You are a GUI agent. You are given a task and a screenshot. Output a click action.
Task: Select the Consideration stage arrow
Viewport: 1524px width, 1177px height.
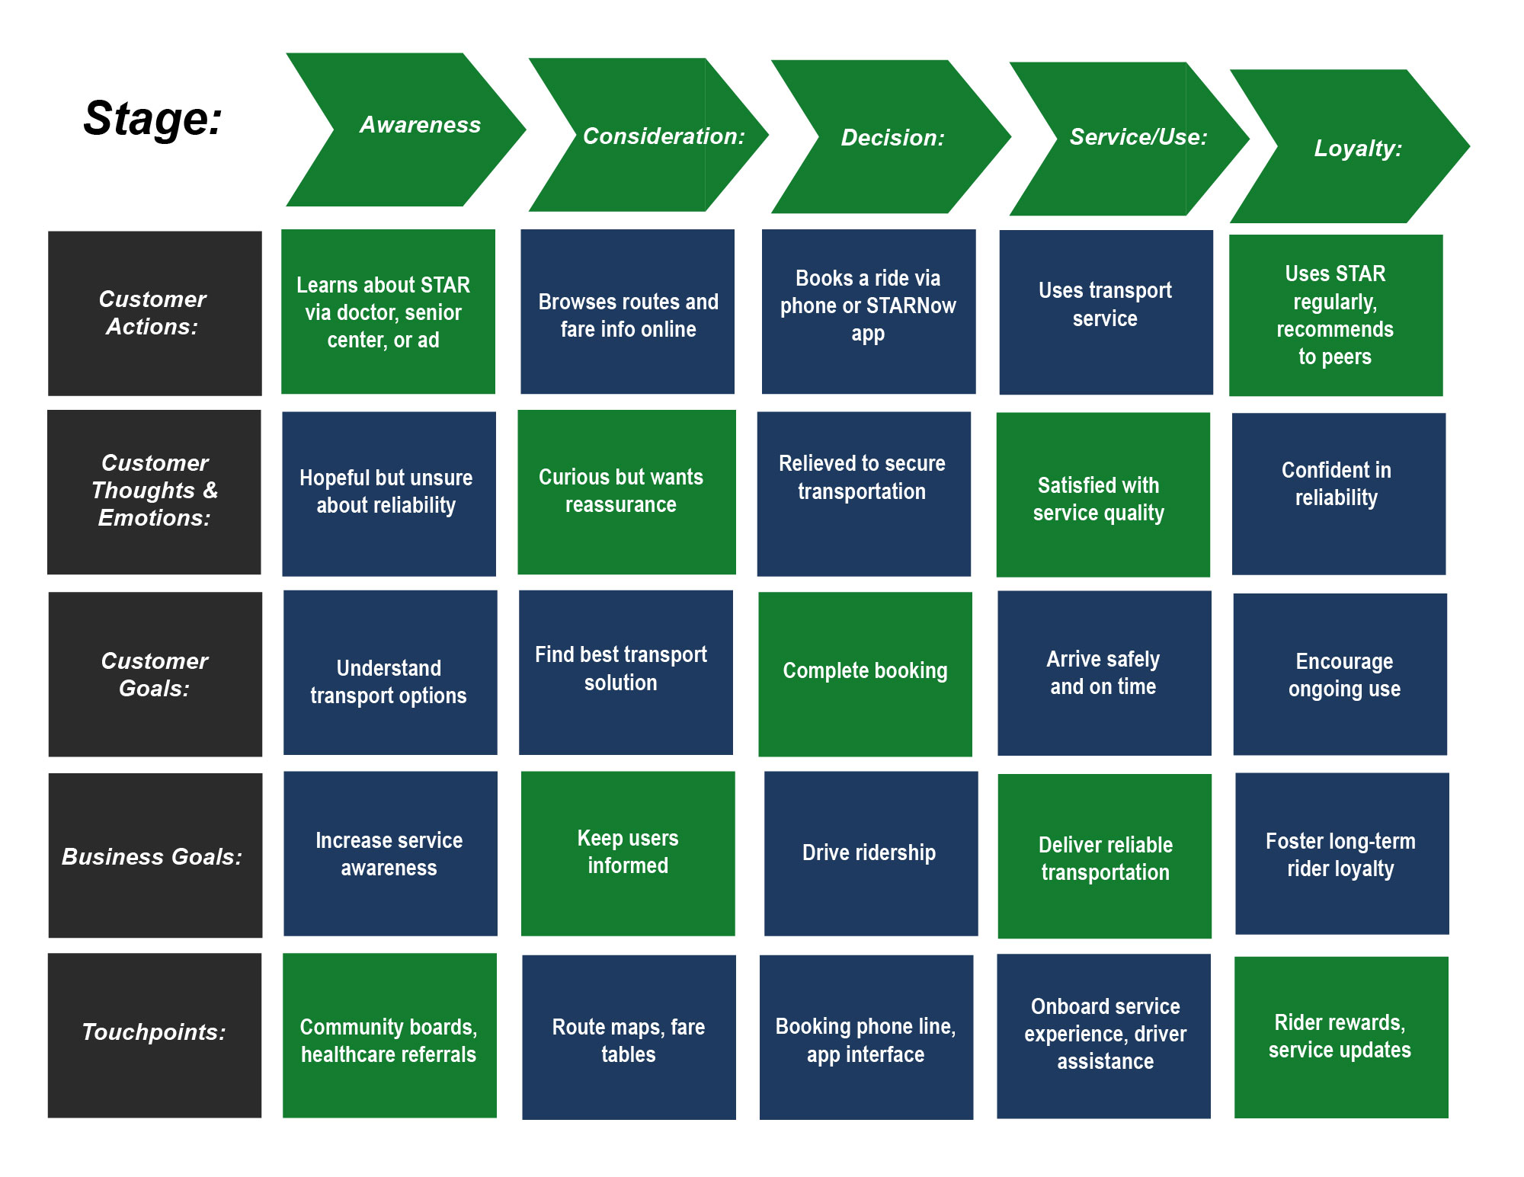pos(648,136)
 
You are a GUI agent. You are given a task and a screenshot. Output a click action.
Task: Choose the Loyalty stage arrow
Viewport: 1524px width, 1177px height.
pos(1350,147)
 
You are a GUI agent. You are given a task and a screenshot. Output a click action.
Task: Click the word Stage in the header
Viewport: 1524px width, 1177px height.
pos(152,119)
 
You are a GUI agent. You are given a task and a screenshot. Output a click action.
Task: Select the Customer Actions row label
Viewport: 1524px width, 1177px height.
pos(155,313)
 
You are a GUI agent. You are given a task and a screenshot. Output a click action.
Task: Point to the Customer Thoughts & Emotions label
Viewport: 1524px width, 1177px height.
pos(154,491)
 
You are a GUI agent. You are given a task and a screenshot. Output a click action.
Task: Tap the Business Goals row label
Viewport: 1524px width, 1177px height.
pos(155,856)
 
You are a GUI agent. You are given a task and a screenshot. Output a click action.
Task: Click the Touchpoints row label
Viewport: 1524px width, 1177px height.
pos(155,1035)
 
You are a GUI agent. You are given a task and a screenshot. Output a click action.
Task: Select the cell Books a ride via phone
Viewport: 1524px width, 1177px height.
pos(868,311)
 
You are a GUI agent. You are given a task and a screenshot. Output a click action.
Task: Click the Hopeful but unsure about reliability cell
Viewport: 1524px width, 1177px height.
pos(389,493)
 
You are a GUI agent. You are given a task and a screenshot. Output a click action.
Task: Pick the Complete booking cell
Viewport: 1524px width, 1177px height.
pos(865,673)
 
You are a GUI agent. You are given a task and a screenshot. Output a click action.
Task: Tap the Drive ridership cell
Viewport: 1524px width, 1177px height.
pos(870,853)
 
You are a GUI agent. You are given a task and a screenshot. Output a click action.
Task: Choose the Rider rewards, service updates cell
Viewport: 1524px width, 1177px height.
pos(1340,1037)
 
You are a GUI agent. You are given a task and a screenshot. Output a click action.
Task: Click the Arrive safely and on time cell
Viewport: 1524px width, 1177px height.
pos(1103,673)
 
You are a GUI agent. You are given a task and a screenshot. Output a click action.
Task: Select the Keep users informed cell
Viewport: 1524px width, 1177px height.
pos(627,853)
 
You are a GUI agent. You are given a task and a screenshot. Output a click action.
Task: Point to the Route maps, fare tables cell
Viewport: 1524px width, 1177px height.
pos(629,1037)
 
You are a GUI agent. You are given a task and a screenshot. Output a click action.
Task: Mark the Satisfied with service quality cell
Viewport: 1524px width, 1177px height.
pos(1103,494)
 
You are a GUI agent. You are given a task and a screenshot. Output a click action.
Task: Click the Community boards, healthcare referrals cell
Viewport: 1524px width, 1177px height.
pos(389,1035)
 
